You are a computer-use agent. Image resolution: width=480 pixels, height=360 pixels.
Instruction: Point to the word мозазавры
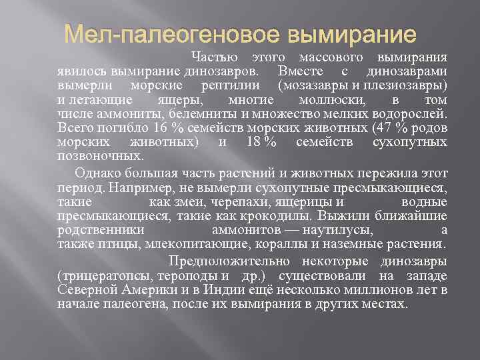313,86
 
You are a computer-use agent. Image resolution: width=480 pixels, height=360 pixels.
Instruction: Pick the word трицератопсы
106,275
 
